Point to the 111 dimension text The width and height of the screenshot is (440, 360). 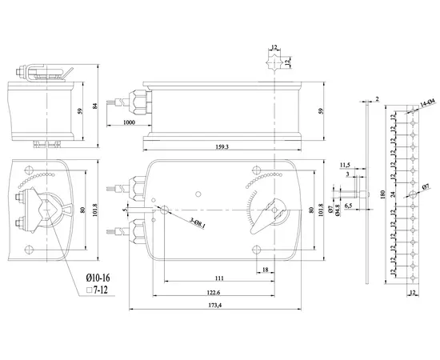[x=218, y=278]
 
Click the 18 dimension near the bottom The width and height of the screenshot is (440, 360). [x=265, y=270]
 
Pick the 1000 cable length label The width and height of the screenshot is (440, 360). [x=129, y=122]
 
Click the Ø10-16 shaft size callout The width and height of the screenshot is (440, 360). [x=99, y=276]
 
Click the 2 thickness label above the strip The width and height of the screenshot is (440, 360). [x=376, y=98]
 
